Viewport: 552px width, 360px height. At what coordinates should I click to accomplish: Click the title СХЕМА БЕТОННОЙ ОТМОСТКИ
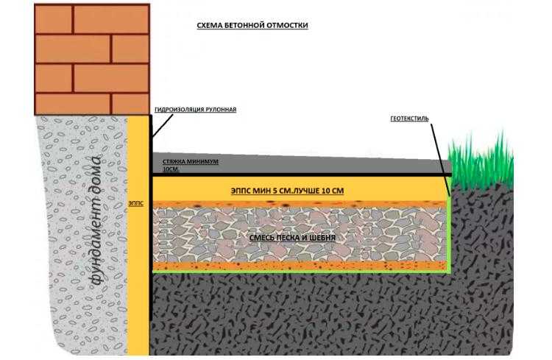point(252,25)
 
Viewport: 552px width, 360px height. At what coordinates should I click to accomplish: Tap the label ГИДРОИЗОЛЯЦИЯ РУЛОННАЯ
point(195,110)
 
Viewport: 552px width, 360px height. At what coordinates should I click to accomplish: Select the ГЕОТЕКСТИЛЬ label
point(409,119)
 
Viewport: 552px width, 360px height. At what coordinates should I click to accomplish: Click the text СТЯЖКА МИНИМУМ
point(191,162)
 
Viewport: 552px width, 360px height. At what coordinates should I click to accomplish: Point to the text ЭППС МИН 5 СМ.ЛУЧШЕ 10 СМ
point(287,191)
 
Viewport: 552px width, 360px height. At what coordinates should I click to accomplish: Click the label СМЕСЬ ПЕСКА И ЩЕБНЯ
point(292,238)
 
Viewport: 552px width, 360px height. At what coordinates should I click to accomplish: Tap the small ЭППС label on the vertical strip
point(136,204)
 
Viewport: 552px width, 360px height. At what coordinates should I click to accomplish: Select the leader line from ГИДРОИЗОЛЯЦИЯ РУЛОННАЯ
point(163,125)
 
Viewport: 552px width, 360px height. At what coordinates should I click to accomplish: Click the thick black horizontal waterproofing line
point(301,174)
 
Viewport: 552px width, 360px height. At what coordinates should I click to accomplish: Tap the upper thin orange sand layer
point(300,204)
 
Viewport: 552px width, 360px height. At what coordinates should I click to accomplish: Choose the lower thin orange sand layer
point(300,265)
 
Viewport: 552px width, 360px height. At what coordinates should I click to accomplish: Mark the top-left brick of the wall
point(54,19)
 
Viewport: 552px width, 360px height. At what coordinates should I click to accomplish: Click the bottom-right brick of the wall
point(130,104)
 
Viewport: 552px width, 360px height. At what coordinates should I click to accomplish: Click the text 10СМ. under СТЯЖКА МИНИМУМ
point(171,169)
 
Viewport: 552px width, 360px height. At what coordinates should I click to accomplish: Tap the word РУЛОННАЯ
point(221,110)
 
